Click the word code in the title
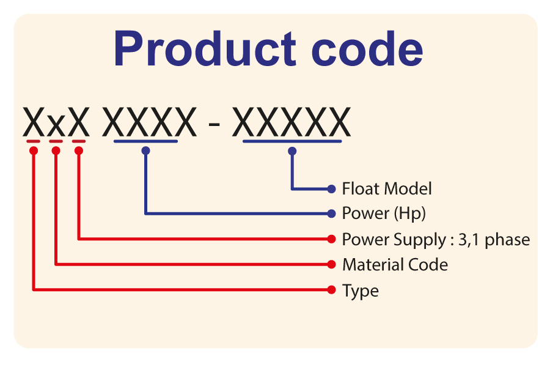click(367, 49)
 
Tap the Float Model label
click(387, 189)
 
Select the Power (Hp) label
click(384, 213)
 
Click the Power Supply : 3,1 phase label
click(436, 239)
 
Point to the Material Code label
click(395, 265)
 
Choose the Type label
click(360, 291)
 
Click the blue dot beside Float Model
click(332, 188)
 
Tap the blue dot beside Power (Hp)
click(332, 213)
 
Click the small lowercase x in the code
click(56, 127)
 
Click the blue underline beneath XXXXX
click(293, 142)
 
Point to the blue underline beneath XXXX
click(145, 142)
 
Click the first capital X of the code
click(34, 122)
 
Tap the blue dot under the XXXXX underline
click(293, 150)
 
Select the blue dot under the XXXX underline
click(145, 150)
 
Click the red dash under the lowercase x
click(56, 142)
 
